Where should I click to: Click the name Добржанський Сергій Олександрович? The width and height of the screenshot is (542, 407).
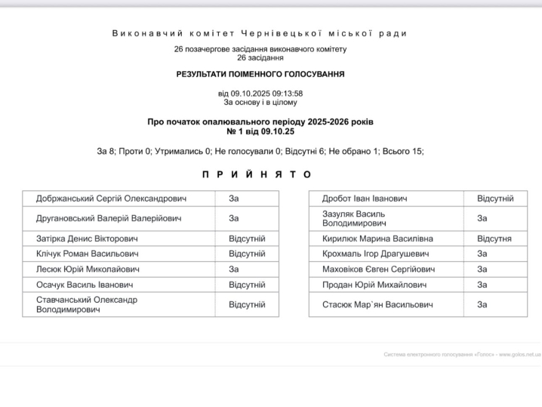111,199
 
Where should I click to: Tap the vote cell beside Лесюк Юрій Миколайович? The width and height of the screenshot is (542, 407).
234,269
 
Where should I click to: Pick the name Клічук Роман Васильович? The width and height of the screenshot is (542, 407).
87,254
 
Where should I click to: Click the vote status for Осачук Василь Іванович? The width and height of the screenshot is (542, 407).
247,285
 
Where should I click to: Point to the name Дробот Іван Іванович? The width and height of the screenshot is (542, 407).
365,199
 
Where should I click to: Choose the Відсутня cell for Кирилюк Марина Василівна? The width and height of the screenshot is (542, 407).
494,239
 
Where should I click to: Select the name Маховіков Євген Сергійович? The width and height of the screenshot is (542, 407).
378,269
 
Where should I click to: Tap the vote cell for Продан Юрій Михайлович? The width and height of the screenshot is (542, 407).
482,285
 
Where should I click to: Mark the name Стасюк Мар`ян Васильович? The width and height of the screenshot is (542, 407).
377,304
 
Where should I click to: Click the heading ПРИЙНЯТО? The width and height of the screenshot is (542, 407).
257,174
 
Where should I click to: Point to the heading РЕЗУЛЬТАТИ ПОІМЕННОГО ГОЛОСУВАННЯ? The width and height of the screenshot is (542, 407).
260,74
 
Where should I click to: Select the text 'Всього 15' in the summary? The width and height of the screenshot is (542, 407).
402,151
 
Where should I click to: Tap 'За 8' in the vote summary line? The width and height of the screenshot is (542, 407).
106,151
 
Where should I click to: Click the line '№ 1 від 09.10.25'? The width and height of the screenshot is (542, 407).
260,131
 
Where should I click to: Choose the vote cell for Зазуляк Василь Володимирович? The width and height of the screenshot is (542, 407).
482,218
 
